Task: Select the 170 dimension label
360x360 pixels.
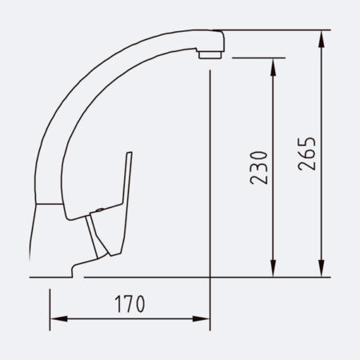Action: pyautogui.click(x=129, y=305)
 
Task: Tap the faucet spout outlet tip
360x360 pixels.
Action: pyautogui.click(x=210, y=54)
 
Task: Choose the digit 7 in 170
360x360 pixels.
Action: pyautogui.click(x=130, y=305)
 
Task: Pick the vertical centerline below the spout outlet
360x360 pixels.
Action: pyautogui.click(x=210, y=160)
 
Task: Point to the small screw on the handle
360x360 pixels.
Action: pyautogui.click(x=98, y=209)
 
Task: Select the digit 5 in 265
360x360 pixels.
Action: pyautogui.click(x=306, y=142)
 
